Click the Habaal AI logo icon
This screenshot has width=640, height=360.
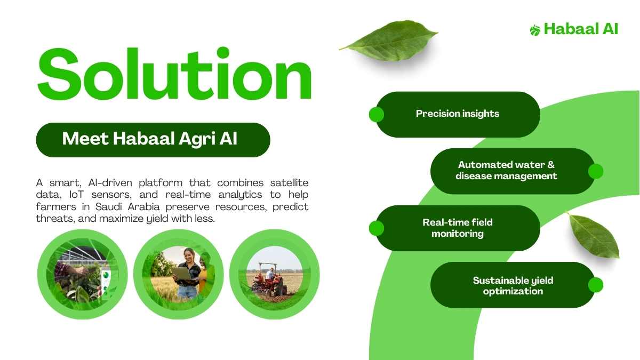click(535, 30)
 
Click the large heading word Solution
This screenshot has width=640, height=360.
click(174, 74)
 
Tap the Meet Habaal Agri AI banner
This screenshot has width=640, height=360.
click(153, 140)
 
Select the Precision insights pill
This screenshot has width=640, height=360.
click(458, 114)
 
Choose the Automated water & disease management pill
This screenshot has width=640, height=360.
click(513, 171)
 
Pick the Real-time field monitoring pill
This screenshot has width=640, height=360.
click(458, 228)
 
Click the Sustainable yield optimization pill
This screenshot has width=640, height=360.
click(513, 285)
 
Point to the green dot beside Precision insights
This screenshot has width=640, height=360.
click(377, 115)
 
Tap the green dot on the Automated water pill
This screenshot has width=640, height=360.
click(596, 171)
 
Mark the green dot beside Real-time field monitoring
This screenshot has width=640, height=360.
click(377, 228)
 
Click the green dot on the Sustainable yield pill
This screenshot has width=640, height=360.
click(596, 285)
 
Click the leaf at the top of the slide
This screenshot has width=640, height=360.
click(390, 41)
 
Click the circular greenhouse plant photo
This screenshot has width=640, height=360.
click(83, 274)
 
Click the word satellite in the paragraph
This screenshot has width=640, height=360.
click(289, 182)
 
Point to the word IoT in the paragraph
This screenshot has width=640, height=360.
click(77, 195)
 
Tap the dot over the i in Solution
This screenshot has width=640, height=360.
click(223, 53)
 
